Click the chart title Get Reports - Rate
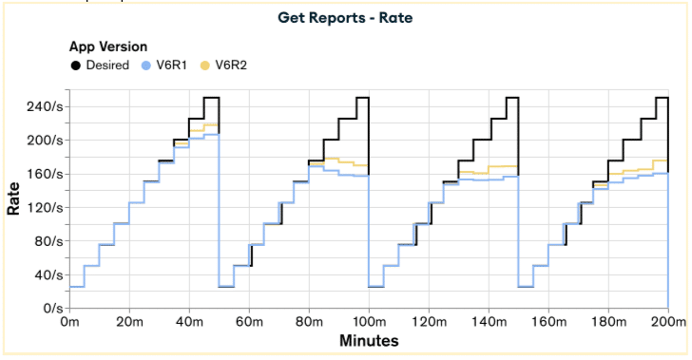[345, 18]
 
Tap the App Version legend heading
[108, 47]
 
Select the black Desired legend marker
[76, 66]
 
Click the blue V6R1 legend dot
[146, 66]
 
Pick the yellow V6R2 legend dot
[204, 66]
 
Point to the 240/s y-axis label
[45, 106]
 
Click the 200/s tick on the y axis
[45, 141]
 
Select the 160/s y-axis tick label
[46, 174]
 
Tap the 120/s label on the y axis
[46, 207]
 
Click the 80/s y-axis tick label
[48, 241]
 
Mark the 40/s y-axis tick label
[48, 275]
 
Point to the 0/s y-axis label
[53, 308]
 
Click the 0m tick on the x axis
[69, 322]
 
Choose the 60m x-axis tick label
[249, 322]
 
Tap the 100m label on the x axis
[369, 322]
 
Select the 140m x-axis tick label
[489, 322]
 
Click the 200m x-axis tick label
[668, 322]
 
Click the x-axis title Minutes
[369, 341]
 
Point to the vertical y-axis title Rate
[13, 199]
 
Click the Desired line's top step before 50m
[211, 98]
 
